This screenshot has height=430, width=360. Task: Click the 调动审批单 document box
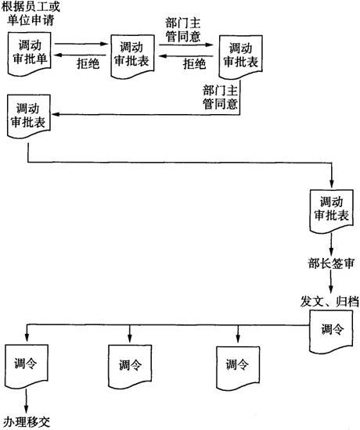(30, 53)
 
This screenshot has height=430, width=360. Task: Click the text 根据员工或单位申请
(31, 13)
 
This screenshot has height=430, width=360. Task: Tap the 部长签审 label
(331, 263)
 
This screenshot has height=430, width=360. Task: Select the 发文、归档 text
(329, 301)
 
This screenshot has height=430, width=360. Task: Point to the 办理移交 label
(27, 421)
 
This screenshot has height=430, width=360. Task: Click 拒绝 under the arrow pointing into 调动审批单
(88, 63)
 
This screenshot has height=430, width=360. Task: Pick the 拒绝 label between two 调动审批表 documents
(194, 64)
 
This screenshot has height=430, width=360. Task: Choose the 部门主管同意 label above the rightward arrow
(183, 30)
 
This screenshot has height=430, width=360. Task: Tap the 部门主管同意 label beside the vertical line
(220, 97)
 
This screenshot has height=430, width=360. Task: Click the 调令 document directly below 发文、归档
(331, 331)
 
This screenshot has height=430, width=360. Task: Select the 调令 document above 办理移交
(27, 366)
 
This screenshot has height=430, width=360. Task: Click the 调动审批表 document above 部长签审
(332, 211)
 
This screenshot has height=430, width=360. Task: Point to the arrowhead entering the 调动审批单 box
(57, 56)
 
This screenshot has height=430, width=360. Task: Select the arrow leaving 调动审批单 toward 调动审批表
(81, 44)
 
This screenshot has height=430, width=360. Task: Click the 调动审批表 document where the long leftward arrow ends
(29, 116)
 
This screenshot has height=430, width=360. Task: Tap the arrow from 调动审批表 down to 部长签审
(331, 245)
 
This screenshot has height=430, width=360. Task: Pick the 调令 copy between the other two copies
(130, 367)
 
